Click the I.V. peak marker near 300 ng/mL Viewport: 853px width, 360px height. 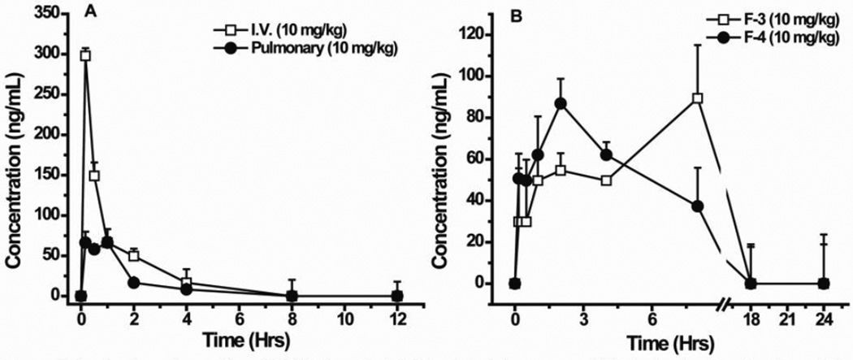tap(84, 55)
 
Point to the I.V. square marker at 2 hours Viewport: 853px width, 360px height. tap(134, 256)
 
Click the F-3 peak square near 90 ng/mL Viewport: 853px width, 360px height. tap(697, 98)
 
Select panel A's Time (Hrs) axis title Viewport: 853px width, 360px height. tap(238, 336)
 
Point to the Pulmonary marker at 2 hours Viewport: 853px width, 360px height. tap(134, 282)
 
